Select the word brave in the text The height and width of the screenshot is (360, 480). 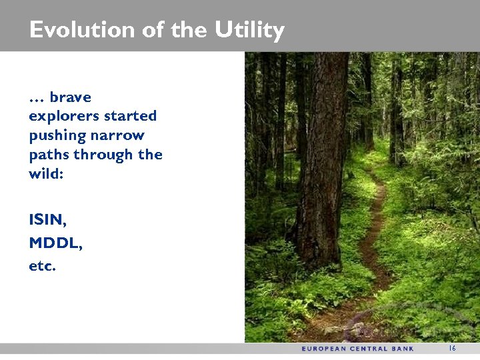click(x=70, y=97)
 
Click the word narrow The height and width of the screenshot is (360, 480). click(x=118, y=135)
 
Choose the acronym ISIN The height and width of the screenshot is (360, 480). click(x=47, y=219)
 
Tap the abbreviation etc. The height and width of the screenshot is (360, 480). click(x=43, y=267)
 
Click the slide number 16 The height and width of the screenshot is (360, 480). click(x=451, y=349)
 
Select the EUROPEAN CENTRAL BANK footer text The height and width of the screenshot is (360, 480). click(x=357, y=349)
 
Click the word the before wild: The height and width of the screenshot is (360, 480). click(x=150, y=155)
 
